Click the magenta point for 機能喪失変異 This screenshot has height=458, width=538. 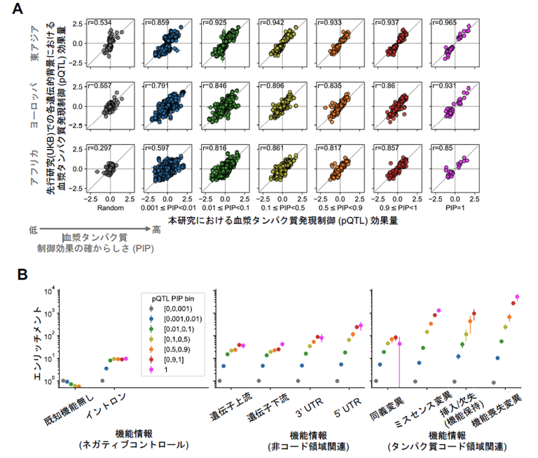click(518, 297)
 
